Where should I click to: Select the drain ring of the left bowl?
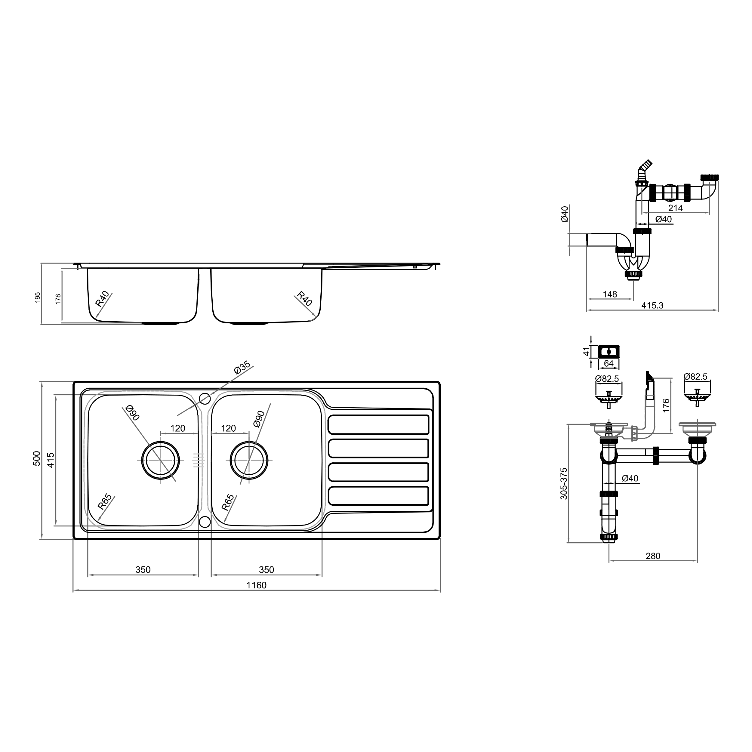click(x=160, y=460)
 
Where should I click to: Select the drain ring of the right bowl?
click(x=249, y=460)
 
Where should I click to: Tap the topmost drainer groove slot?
click(x=378, y=424)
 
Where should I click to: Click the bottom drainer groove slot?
click(x=378, y=496)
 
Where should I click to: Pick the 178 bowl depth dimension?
click(x=58, y=299)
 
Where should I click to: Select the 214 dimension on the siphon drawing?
click(x=675, y=208)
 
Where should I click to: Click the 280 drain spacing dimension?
click(x=653, y=556)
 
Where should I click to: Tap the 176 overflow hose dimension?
click(x=666, y=405)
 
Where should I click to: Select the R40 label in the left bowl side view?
click(x=102, y=298)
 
